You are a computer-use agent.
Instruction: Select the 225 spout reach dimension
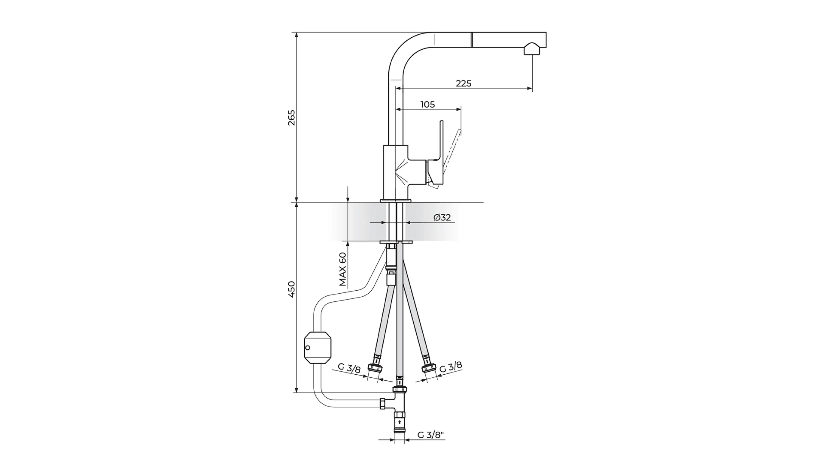(464, 83)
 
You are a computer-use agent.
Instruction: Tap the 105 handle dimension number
(428, 105)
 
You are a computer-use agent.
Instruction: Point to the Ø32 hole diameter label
(442, 218)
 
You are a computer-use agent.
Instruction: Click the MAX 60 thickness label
(343, 269)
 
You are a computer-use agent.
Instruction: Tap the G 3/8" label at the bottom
(431, 435)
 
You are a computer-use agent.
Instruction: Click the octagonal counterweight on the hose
(317, 347)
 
